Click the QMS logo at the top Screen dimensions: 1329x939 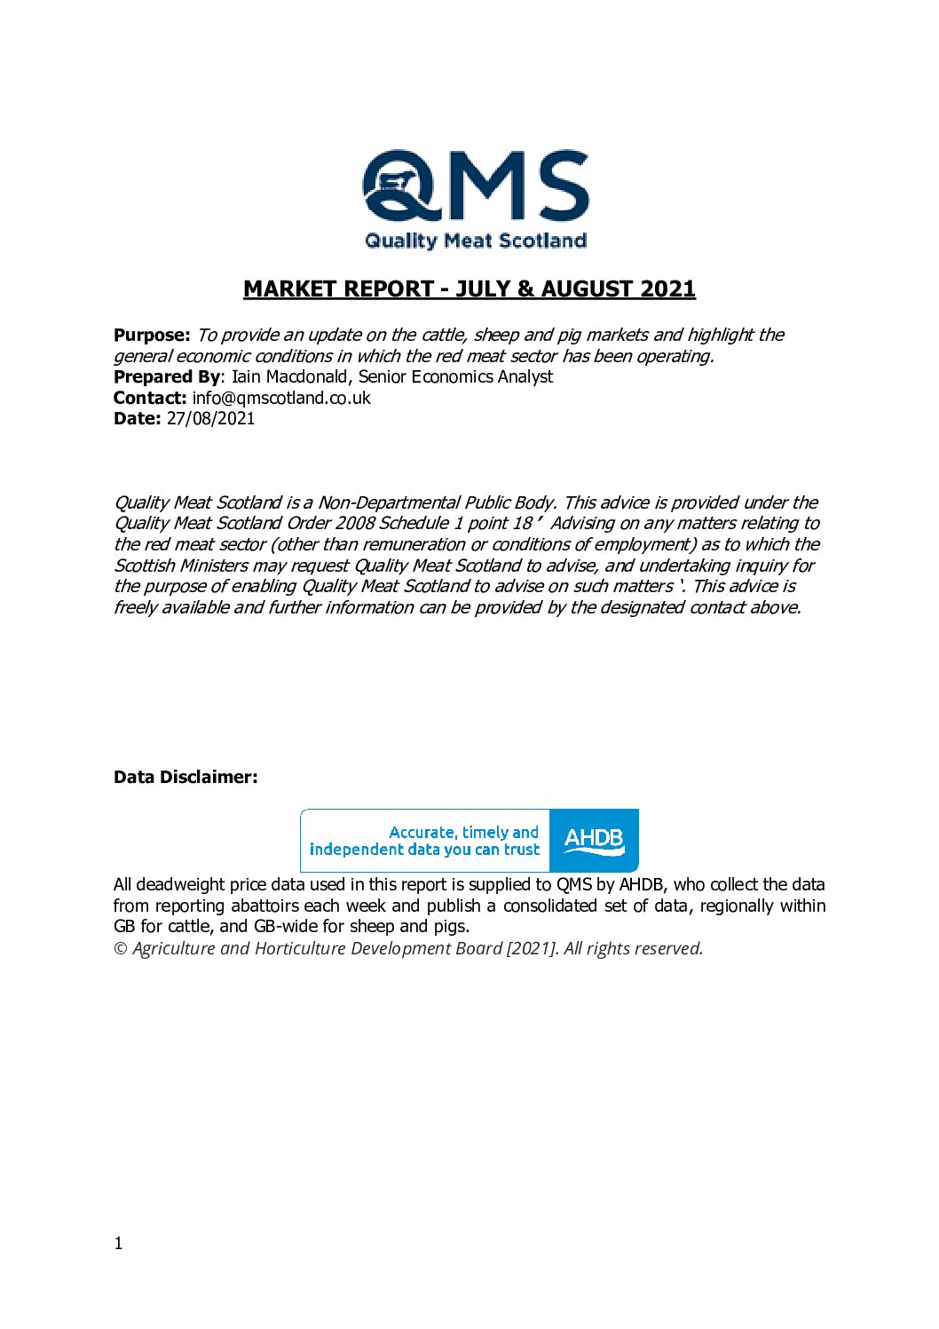475,186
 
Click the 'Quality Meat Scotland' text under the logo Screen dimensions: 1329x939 475,241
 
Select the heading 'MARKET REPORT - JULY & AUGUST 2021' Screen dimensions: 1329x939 469,289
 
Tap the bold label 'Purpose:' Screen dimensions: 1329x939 152,335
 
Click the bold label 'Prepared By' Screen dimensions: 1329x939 166,376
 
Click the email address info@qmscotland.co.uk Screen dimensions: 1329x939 280,398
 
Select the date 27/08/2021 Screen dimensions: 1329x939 210,419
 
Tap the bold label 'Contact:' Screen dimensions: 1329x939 150,398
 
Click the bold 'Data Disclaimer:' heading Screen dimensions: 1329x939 185,777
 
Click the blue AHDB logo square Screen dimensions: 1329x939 594,840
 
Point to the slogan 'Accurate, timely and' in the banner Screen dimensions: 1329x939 463,832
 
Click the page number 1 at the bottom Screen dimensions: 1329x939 118,1243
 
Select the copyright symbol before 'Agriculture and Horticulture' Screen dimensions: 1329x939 121,948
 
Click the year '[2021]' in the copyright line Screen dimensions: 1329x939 531,948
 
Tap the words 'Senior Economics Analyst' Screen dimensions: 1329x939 455,376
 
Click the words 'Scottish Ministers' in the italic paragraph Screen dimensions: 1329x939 181,566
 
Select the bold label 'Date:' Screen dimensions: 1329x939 138,419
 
